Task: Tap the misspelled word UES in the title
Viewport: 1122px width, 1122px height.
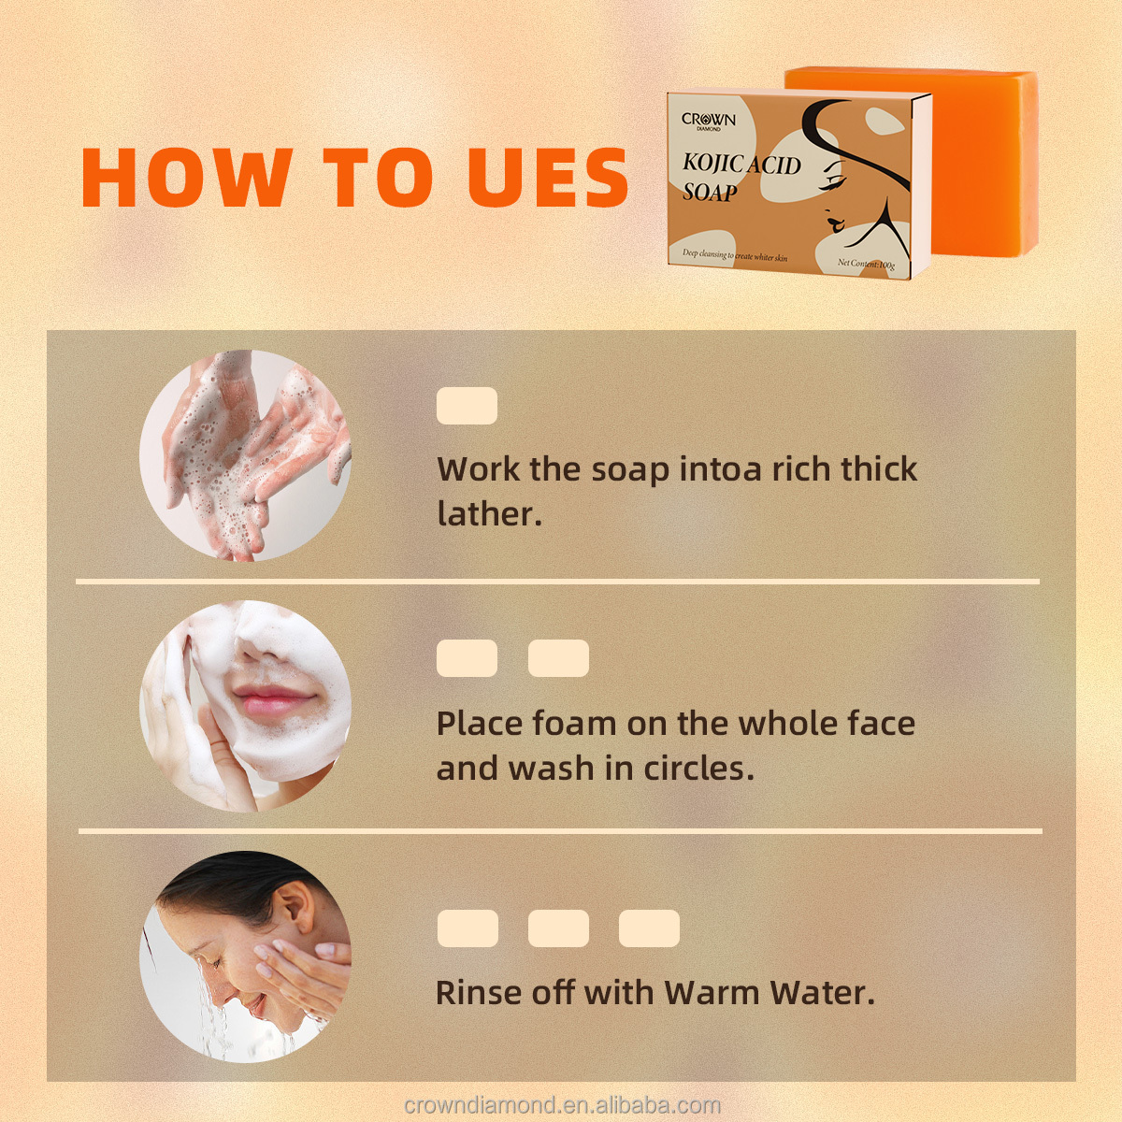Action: (x=548, y=178)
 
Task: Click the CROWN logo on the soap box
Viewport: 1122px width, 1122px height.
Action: (x=709, y=121)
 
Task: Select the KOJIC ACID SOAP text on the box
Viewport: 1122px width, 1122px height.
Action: (x=741, y=178)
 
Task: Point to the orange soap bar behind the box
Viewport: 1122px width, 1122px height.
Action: (x=982, y=159)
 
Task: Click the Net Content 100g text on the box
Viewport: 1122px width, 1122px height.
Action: (x=866, y=264)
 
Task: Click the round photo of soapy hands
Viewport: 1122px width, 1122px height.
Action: (x=245, y=456)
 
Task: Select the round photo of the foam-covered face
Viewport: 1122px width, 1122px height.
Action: (x=245, y=706)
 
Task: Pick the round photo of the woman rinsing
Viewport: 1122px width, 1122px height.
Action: (x=245, y=956)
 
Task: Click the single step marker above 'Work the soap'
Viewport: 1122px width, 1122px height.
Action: (x=467, y=407)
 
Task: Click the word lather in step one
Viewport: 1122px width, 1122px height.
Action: (x=488, y=513)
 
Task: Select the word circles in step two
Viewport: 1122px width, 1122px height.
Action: (x=698, y=769)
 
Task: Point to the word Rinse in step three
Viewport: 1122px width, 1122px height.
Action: (x=479, y=992)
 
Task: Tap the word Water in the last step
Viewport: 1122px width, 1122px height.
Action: (x=821, y=992)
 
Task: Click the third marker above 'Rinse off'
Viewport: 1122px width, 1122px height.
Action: (x=649, y=928)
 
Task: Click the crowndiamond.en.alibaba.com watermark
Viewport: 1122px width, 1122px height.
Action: (x=562, y=1105)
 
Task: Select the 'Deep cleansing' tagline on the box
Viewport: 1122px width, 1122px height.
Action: (x=734, y=255)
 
